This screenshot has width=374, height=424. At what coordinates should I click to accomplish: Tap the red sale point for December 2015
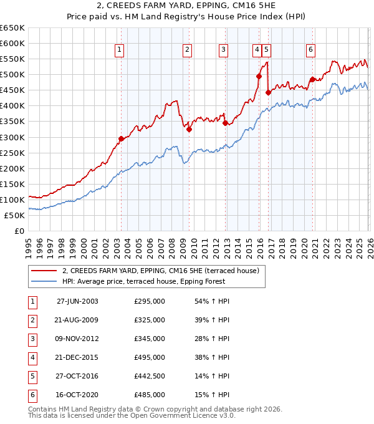[x=259, y=76]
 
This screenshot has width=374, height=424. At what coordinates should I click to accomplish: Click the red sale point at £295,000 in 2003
[x=121, y=138]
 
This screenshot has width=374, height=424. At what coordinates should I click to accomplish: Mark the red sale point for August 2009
[x=189, y=129]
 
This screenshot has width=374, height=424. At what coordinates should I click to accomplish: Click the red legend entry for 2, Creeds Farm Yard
[x=164, y=270]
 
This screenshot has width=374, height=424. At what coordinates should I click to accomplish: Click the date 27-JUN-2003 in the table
[x=77, y=301]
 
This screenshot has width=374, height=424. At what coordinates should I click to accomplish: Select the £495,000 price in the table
[x=149, y=357]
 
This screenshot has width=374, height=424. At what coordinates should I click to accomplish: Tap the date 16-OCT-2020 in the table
[x=77, y=395]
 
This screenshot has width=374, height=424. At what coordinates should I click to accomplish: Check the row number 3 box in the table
[x=31, y=339]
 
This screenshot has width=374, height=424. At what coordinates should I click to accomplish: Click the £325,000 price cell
[x=149, y=320]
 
